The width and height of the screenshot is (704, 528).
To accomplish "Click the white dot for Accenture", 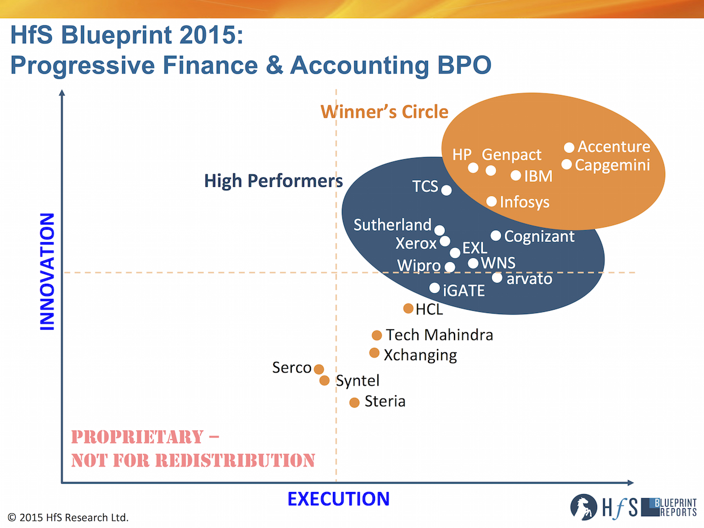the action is [569, 147].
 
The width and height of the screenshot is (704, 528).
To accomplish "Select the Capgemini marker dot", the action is [567, 164].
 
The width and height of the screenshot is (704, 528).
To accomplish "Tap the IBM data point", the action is [516, 176].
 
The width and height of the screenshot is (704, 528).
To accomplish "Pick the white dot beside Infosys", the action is [491, 202].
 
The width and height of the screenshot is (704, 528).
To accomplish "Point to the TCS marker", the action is [447, 190].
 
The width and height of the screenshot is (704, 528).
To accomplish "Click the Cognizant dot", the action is [496, 236].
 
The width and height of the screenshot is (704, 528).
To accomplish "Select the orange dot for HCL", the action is [408, 308].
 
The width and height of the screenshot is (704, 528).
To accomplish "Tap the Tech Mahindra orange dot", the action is [377, 335].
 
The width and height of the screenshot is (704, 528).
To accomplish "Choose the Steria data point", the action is [354, 402].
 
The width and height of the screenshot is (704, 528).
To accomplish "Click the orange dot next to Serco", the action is [319, 369].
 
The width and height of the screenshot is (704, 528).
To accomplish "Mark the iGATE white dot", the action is [435, 288].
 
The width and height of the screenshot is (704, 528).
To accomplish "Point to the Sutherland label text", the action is [392, 225].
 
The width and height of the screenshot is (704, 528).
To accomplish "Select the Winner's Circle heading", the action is [384, 111].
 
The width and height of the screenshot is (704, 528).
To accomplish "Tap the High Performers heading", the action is [274, 181].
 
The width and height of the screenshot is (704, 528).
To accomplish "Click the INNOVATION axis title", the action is [47, 271].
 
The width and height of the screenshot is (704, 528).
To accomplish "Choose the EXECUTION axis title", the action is [338, 499].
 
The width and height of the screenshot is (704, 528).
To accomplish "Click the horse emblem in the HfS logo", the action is [583, 507].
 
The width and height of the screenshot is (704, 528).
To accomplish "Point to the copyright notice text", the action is [68, 518].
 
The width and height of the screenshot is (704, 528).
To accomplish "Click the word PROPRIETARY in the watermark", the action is [137, 437].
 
